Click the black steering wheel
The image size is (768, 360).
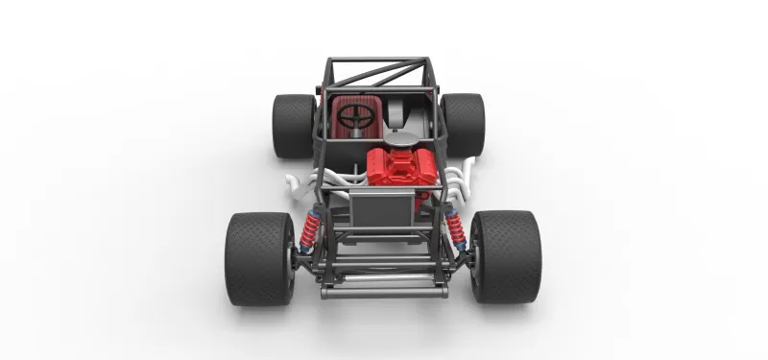pos(356,116)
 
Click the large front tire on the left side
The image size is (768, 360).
pos(259,258)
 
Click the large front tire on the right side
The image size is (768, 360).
pos(507,256)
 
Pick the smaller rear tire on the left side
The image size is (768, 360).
pos(292,125)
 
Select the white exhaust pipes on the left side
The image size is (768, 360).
pos(302,182)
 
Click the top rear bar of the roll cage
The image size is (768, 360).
pos(377,60)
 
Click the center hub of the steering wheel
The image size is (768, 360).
pos(356,117)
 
